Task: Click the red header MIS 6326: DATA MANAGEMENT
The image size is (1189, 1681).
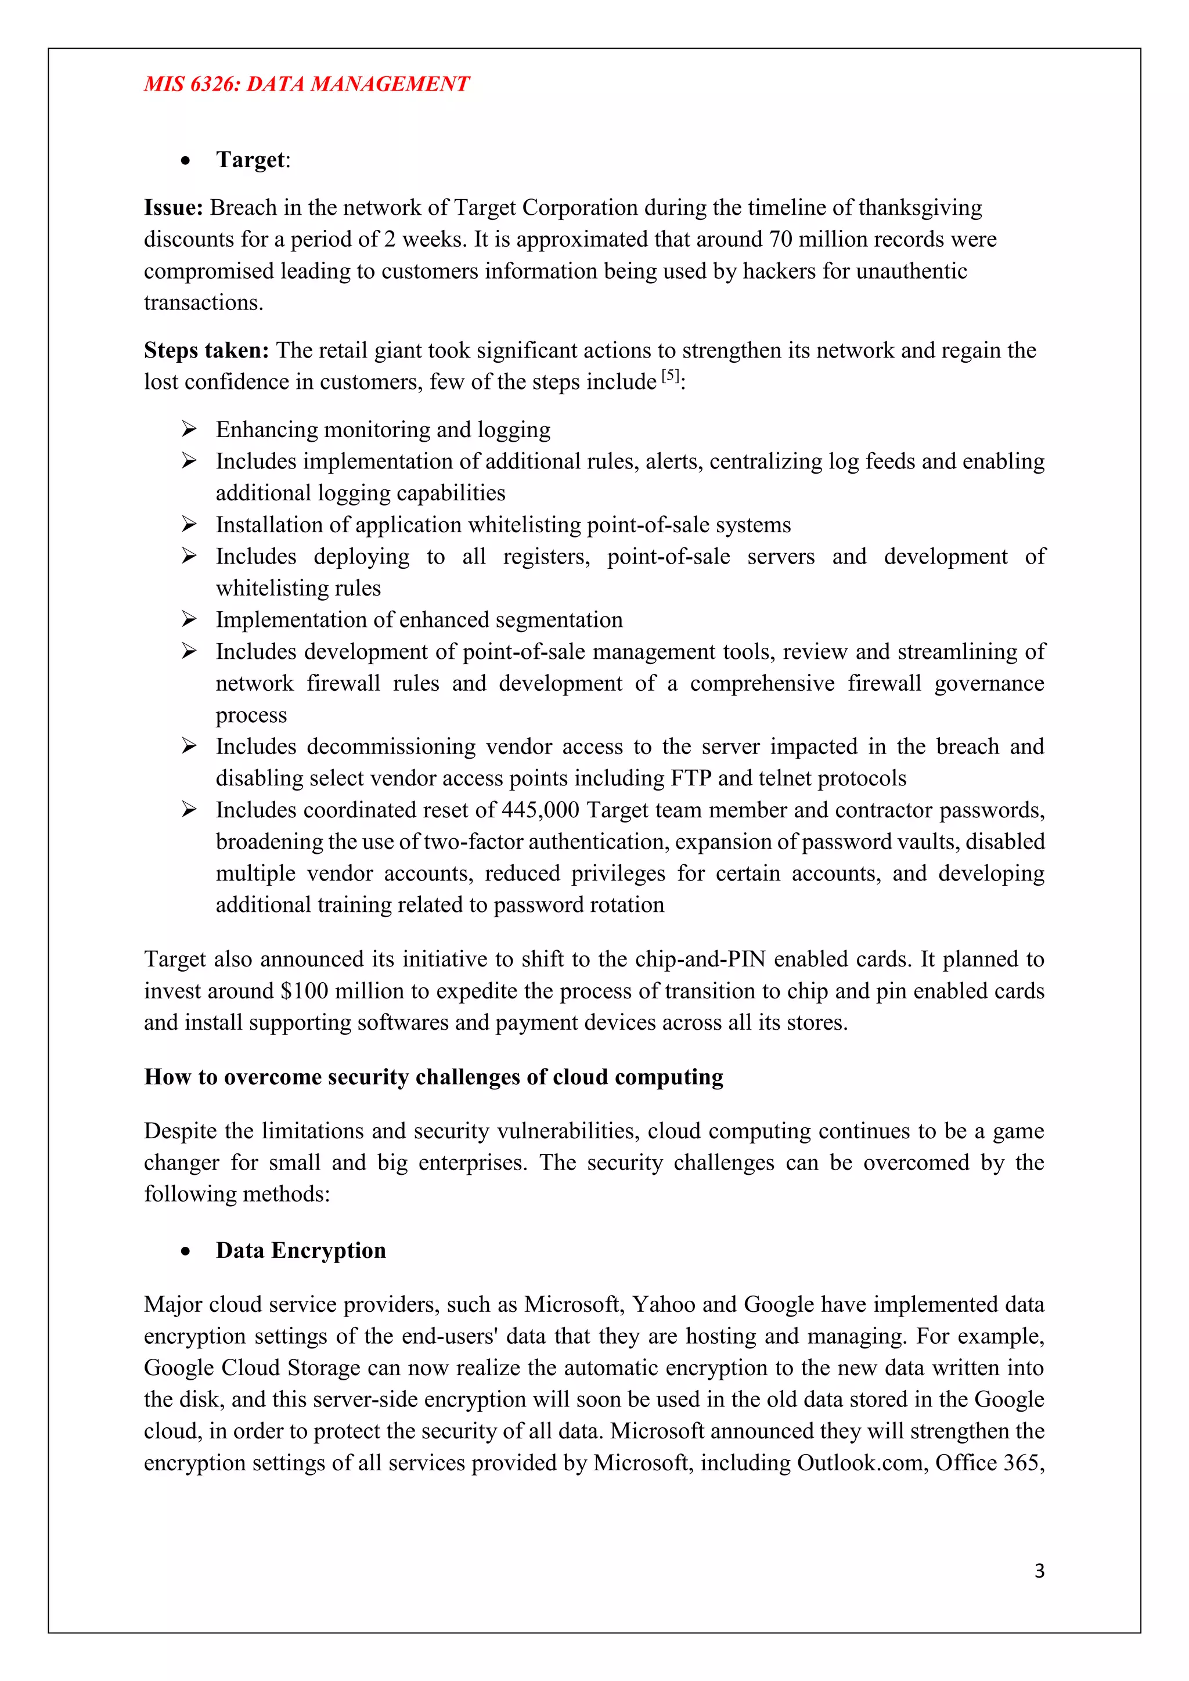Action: coord(306,84)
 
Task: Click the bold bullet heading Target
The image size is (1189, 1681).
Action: coord(250,160)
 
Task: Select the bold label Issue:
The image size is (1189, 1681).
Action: coord(173,208)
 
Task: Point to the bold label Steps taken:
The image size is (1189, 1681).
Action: coord(207,351)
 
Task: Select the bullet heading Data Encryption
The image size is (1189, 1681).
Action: coord(300,1250)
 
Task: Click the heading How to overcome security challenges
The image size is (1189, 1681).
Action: coord(434,1077)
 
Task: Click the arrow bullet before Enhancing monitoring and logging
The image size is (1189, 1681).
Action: coord(189,429)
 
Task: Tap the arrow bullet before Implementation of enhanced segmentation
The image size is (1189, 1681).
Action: coord(189,619)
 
